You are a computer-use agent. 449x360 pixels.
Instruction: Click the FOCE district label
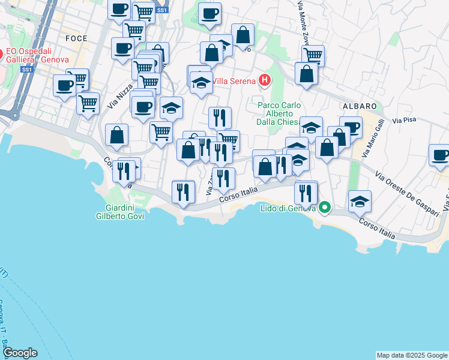tap(76, 38)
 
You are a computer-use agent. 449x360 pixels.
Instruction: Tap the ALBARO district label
tap(359, 106)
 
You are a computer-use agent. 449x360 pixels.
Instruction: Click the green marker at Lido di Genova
tap(325, 208)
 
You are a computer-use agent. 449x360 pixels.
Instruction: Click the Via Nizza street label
tap(121, 97)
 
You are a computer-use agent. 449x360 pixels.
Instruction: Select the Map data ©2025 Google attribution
tap(412, 355)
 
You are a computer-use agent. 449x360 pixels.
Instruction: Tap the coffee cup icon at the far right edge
tap(440, 155)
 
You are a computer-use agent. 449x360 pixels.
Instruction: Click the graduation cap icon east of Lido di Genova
tap(360, 201)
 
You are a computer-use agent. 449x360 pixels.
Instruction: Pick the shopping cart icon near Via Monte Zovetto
tap(313, 56)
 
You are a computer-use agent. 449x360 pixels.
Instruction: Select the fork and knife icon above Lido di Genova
tap(306, 192)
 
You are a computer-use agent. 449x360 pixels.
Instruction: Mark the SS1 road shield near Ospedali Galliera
tap(26, 70)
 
